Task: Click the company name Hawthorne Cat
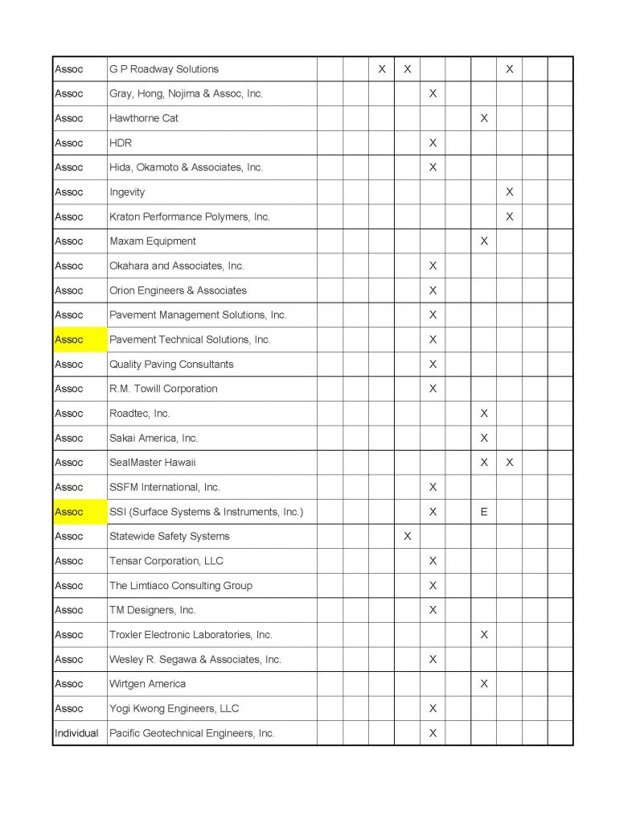point(144,118)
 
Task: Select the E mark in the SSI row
point(484,512)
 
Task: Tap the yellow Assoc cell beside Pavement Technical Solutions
point(80,340)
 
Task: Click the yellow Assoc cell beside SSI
point(80,512)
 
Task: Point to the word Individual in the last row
point(76,733)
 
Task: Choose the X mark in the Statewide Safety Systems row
point(407,536)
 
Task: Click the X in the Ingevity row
point(510,192)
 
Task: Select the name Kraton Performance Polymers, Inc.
point(190,216)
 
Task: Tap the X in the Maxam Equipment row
point(484,241)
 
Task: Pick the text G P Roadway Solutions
point(164,69)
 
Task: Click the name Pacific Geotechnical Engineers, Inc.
point(192,733)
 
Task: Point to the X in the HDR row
point(433,143)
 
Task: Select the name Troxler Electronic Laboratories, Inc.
point(191,635)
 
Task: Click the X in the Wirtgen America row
point(484,684)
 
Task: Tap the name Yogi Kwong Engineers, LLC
point(174,708)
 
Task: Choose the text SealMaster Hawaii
point(153,463)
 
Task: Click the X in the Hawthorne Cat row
point(484,118)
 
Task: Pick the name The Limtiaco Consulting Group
point(181,586)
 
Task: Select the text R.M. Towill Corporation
point(163,389)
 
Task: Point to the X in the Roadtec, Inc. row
point(484,414)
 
